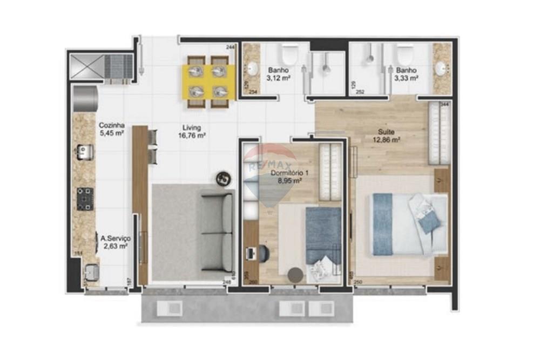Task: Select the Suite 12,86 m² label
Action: [385, 135]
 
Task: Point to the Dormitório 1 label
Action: [290, 176]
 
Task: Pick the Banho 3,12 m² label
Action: [278, 74]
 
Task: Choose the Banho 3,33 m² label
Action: [407, 74]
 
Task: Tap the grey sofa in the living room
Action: [217, 233]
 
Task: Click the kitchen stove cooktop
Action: [85, 199]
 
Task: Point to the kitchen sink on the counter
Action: [84, 153]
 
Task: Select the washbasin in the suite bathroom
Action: [441, 68]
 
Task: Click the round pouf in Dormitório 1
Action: [295, 274]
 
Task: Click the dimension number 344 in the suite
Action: [445, 104]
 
